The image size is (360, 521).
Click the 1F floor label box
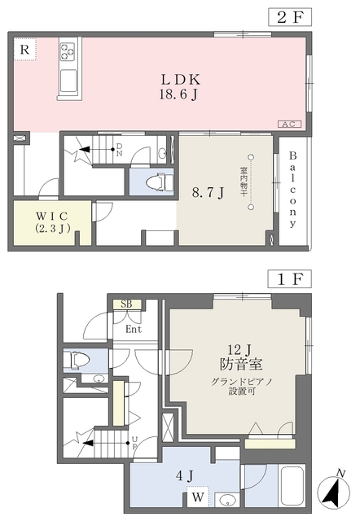(291, 278)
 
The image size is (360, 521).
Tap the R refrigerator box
(25, 50)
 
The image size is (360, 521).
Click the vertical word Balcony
(294, 190)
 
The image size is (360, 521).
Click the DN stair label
(119, 150)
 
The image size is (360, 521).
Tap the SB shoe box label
(126, 304)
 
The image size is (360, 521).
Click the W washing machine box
(197, 496)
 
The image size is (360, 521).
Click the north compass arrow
(333, 490)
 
